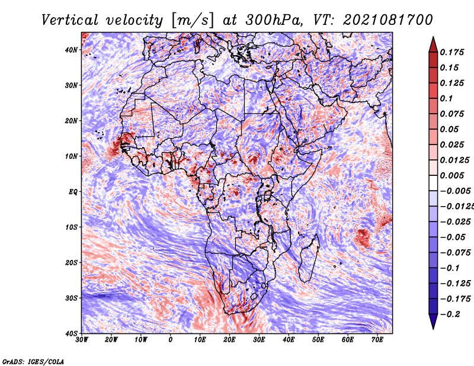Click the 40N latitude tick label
pyautogui.click(x=71, y=50)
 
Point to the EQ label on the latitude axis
pyautogui.click(x=73, y=192)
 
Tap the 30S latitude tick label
pyautogui.click(x=71, y=298)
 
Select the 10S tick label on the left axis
pyautogui.click(x=71, y=227)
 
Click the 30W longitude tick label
pyautogui.click(x=82, y=340)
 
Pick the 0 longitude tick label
pyautogui.click(x=171, y=340)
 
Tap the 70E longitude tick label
pyautogui.click(x=377, y=340)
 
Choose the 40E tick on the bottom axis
pyautogui.click(x=289, y=340)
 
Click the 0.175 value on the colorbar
pyautogui.click(x=451, y=52)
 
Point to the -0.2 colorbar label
pyautogui.click(x=450, y=314)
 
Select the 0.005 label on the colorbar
pyautogui.click(x=451, y=175)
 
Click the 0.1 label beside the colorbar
pyautogui.click(x=446, y=98)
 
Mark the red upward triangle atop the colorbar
pyautogui.click(x=433, y=44)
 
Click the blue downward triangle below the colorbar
pyautogui.click(x=433, y=322)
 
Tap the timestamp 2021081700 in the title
pyautogui.click(x=388, y=20)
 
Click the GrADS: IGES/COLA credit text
pyautogui.click(x=33, y=362)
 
